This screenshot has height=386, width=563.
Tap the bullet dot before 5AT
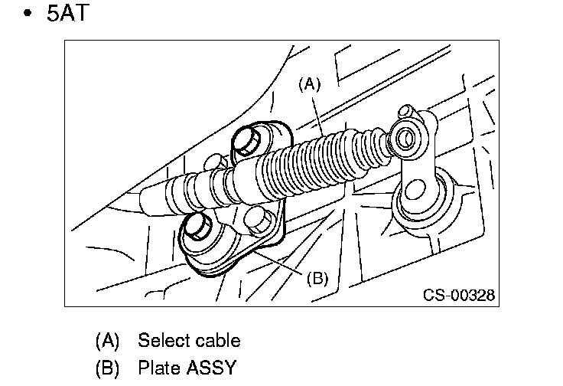[28, 15]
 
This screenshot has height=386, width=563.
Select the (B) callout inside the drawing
[317, 279]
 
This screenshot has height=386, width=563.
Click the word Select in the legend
[163, 340]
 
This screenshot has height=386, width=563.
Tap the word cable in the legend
[216, 340]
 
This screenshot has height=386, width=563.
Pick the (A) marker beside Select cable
[108, 340]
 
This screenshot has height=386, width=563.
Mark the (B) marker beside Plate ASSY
[108, 368]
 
